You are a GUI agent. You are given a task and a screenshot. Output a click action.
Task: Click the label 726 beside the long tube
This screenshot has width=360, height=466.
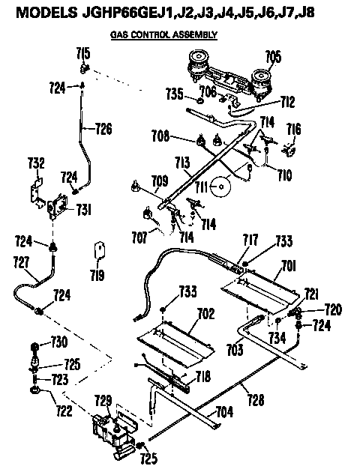click(103, 128)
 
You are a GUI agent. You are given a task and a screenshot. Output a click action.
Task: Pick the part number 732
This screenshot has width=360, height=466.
click(36, 163)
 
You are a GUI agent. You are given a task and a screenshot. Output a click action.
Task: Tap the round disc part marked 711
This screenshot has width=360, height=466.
click(222, 187)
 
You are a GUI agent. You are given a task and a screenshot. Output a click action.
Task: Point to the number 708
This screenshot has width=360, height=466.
click(180, 137)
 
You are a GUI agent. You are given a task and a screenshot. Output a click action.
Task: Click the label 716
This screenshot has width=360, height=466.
click(294, 131)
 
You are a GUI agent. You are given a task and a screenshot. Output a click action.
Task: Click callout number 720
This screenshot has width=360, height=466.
click(332, 308)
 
